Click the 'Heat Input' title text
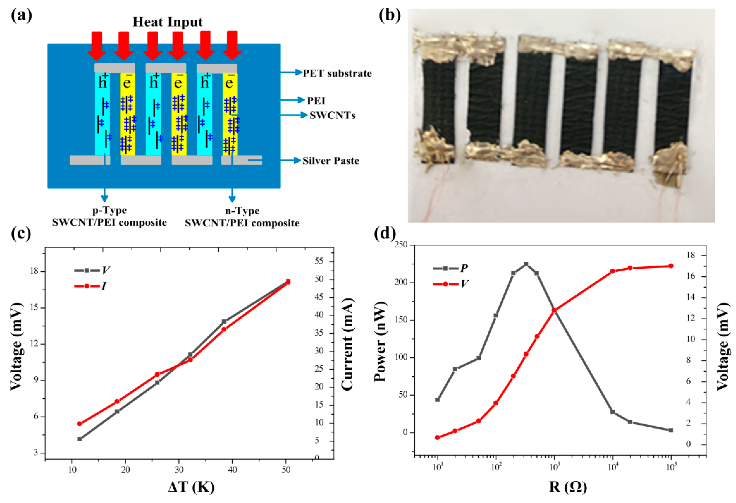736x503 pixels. pos(168,22)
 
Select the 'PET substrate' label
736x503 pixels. pos(337,74)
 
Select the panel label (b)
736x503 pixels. pos(389,15)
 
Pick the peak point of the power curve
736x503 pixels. pos(526,264)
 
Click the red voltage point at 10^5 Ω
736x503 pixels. pos(671,266)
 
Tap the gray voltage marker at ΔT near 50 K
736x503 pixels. pos(288,281)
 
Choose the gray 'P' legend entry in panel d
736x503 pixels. pos(450,268)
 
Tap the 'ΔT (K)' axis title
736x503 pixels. pos(191,487)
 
